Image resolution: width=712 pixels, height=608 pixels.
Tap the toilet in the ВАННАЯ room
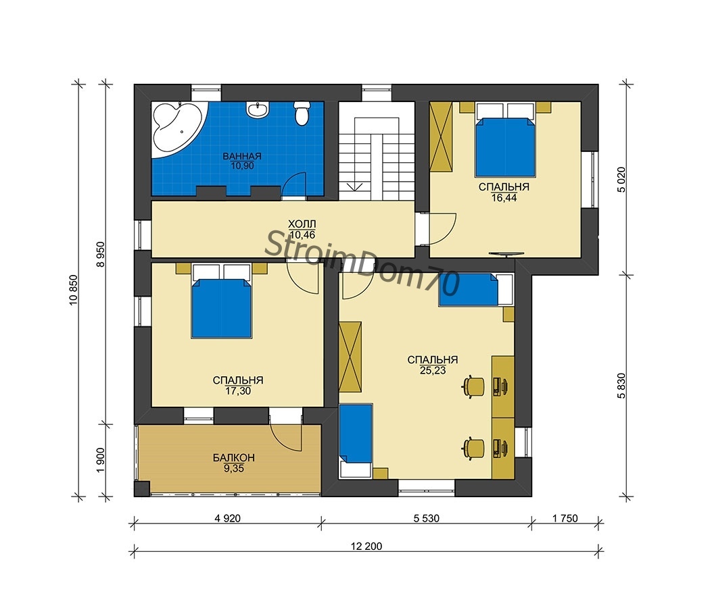click(x=302, y=113)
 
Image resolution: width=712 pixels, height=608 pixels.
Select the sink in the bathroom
click(x=258, y=110)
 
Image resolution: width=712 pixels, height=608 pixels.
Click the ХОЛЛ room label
click(x=302, y=224)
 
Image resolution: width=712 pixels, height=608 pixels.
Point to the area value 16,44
click(x=504, y=198)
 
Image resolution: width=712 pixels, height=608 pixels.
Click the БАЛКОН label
click(x=234, y=458)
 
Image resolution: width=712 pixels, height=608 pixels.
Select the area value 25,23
click(x=433, y=371)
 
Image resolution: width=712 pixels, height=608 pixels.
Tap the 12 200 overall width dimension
click(x=366, y=547)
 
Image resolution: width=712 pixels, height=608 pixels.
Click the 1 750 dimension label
click(x=565, y=518)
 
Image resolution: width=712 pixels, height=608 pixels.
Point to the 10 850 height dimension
click(x=74, y=290)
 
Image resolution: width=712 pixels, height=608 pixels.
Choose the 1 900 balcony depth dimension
click(x=101, y=460)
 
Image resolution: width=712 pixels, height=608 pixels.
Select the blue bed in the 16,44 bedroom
click(x=504, y=147)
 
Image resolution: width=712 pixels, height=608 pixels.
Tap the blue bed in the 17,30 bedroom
click(x=221, y=309)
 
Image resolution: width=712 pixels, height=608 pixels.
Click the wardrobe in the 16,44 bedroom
click(x=441, y=136)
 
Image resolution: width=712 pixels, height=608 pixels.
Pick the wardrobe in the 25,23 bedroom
click(x=350, y=357)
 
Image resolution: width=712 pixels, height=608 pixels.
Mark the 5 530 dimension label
click(x=427, y=518)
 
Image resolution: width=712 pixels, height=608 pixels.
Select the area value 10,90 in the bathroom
click(x=242, y=166)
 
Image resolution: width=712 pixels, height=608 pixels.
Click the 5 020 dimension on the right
click(x=621, y=180)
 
